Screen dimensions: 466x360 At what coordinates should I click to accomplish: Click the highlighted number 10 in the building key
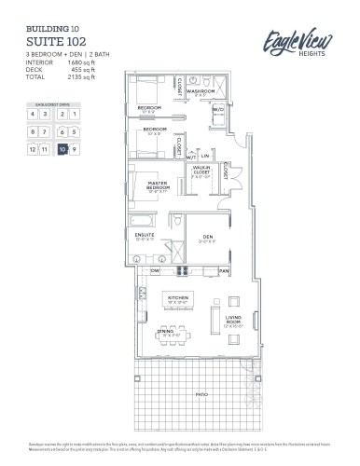62,148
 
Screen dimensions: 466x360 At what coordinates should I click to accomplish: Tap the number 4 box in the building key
33,114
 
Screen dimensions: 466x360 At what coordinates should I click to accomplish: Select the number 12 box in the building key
33,148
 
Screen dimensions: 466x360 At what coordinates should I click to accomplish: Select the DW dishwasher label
155,271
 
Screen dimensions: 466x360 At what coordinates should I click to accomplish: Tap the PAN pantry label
223,271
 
